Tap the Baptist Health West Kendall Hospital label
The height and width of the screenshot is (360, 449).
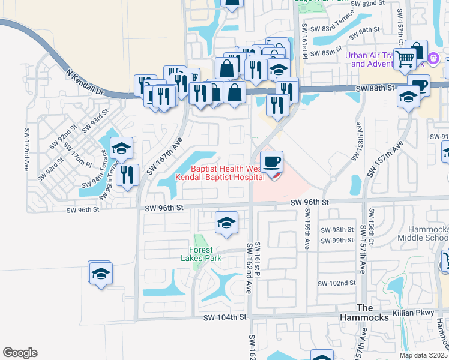pyautogui.click(x=220, y=173)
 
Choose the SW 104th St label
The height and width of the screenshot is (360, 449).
pyautogui.click(x=225, y=317)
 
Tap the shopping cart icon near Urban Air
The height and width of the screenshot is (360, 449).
pyautogui.click(x=405, y=59)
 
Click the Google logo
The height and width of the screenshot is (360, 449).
pyautogui.click(x=20, y=353)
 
